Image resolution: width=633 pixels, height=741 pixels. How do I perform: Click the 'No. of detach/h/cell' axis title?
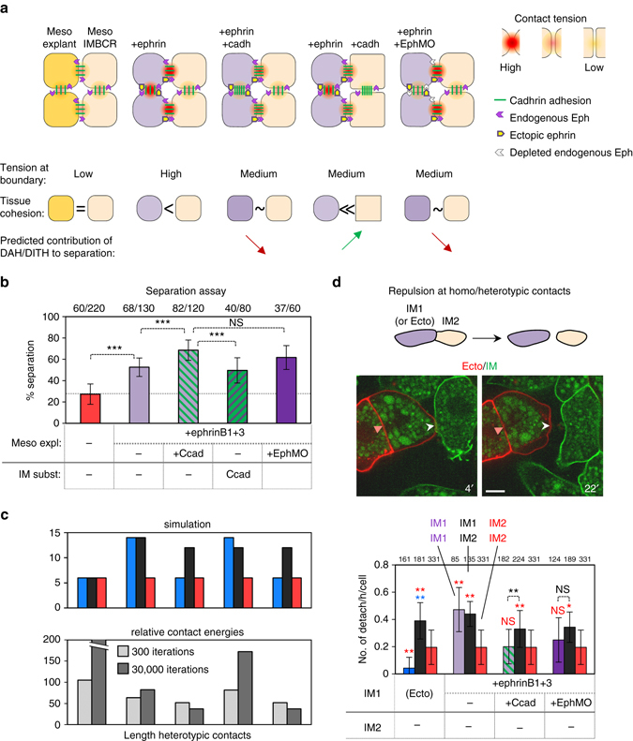338,614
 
